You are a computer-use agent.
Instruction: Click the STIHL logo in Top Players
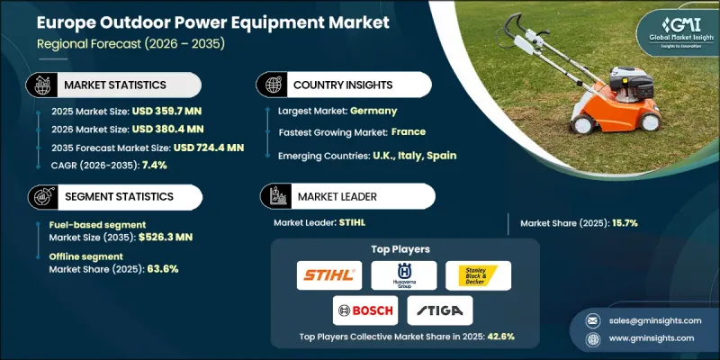click(x=328, y=274)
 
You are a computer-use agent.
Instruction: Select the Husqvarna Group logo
click(x=403, y=274)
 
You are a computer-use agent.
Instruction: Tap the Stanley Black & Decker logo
click(x=478, y=274)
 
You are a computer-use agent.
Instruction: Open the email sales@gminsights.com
click(x=645, y=319)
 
